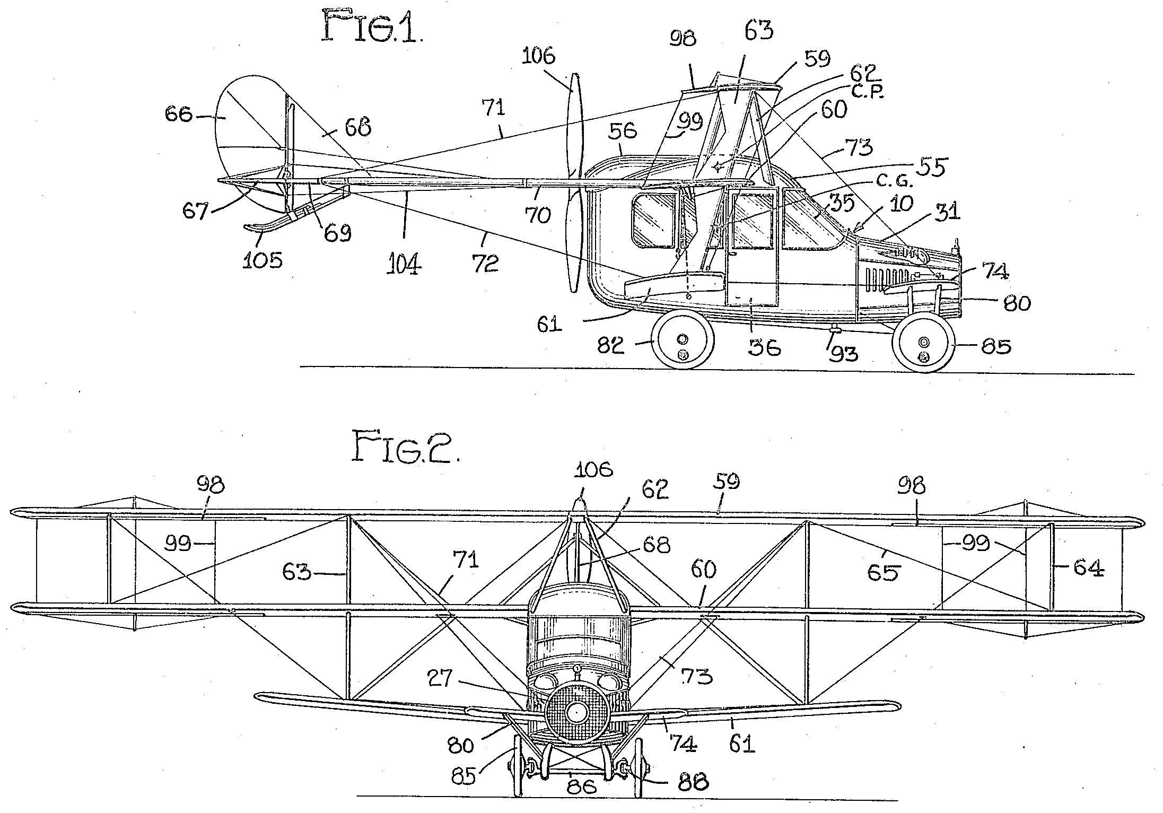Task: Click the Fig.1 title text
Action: tap(372, 28)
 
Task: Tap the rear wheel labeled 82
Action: tap(683, 339)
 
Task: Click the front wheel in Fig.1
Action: tap(924, 343)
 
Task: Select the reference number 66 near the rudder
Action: tap(178, 114)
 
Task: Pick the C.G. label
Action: tap(893, 182)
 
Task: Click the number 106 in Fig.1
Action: tap(539, 56)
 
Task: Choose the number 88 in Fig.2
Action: tap(692, 782)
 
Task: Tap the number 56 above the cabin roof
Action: tap(622, 130)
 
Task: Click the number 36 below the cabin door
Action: tap(764, 348)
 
